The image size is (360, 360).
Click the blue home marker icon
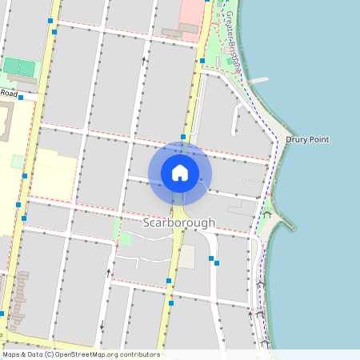pyautogui.click(x=180, y=172)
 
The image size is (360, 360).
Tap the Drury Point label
pyautogui.click(x=307, y=140)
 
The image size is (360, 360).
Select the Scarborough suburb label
pyautogui.click(x=179, y=222)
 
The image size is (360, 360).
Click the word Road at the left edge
pyautogui.click(x=9, y=94)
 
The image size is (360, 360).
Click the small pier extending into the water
pyautogui.click(x=258, y=80)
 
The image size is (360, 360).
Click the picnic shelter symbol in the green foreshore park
pyautogui.click(x=266, y=214)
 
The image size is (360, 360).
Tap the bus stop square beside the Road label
pyautogui.click(x=21, y=97)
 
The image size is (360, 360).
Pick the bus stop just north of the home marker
pyautogui.click(x=183, y=138)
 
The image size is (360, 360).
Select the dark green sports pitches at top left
pyautogui.click(x=20, y=67)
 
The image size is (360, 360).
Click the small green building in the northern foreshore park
pyautogui.click(x=230, y=61)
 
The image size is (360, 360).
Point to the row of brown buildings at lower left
pyautogui.click(x=18, y=296)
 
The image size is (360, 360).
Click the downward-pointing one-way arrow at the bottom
pyautogui.click(x=102, y=325)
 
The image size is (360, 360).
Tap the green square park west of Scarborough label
pyautogui.click(x=125, y=238)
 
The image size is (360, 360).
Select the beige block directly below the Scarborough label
pyautogui.click(x=186, y=257)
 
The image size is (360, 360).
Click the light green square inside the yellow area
pyautogui.click(x=18, y=162)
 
